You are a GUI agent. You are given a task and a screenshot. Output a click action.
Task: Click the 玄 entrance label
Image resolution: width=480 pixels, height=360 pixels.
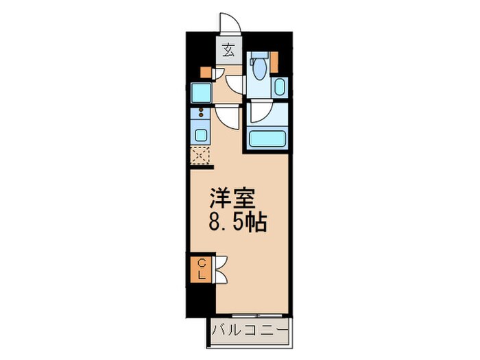tap(228, 49)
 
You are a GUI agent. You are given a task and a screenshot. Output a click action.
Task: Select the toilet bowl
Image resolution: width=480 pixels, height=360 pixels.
tap(259, 69)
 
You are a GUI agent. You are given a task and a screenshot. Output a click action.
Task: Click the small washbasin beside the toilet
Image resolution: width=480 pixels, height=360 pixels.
tap(279, 86)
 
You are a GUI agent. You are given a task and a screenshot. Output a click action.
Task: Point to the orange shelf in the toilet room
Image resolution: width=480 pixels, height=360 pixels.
tap(274, 60)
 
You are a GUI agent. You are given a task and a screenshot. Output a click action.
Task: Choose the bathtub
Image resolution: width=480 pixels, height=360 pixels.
tap(268, 139)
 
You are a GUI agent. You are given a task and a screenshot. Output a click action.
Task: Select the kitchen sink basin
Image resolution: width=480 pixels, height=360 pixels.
tap(202, 134)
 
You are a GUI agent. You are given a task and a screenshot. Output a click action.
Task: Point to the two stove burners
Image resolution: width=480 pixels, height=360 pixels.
tap(202, 113)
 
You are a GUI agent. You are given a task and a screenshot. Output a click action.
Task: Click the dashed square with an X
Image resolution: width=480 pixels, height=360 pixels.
tap(201, 156)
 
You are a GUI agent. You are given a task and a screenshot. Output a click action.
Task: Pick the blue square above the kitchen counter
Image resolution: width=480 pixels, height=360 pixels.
tap(201, 91)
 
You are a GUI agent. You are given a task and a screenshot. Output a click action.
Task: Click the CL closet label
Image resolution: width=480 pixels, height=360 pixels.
tap(203, 269)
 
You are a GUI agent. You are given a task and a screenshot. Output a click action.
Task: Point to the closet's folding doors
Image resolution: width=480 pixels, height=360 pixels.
tap(221, 268)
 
